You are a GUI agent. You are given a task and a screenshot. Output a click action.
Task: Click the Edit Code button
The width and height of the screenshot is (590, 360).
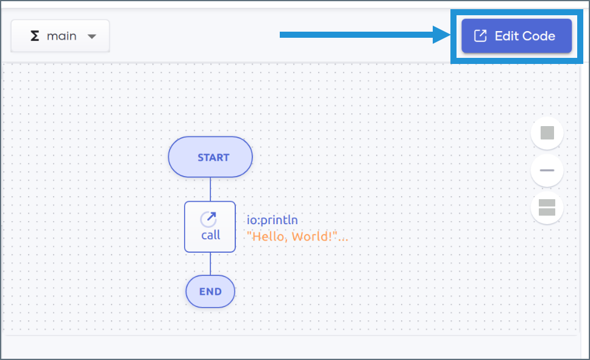[516, 36]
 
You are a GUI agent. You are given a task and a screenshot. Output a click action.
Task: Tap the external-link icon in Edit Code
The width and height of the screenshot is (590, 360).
[480, 36]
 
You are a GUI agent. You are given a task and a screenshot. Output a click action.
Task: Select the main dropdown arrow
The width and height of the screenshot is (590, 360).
[92, 37]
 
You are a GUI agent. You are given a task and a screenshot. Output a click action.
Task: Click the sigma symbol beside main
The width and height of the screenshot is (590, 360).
[35, 36]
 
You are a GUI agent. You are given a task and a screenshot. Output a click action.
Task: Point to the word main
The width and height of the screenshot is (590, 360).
[62, 36]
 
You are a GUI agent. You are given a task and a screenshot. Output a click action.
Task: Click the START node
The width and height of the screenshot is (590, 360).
[210, 157]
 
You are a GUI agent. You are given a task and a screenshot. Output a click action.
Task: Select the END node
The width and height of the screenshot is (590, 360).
[210, 291]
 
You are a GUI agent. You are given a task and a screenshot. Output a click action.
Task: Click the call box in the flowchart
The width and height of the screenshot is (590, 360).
[210, 227]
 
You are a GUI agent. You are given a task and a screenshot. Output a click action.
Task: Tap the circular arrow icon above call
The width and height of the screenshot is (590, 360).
[208, 219]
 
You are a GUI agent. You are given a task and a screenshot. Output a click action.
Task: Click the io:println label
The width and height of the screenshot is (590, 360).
[272, 221]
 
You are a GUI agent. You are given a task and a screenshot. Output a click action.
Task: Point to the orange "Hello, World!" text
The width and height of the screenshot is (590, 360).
[297, 236]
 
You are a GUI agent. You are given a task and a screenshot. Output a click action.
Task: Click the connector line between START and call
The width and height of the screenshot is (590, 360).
[210, 189]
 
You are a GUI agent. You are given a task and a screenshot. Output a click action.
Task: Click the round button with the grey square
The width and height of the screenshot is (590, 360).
[547, 133]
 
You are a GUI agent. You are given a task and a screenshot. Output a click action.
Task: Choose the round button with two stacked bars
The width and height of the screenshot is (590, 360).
[547, 208]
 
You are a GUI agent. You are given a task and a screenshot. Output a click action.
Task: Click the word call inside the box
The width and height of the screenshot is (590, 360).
[210, 235]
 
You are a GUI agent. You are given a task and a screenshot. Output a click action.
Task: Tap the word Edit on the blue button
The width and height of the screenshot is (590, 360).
[506, 36]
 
